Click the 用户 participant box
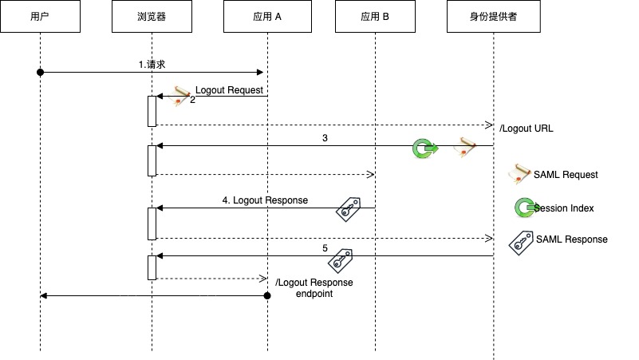coord(41,16)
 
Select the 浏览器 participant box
coord(152,16)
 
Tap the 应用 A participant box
coord(267,16)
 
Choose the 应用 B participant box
coord(375,16)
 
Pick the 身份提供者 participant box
coord(494,16)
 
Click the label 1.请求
coord(152,65)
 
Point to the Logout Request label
coord(229,90)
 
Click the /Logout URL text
coord(526,129)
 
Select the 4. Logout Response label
coord(265,200)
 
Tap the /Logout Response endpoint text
coord(314,288)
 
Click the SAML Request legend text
coord(566,175)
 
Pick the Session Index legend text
coord(564,208)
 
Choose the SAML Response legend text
coord(572,239)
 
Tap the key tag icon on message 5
coord(341,261)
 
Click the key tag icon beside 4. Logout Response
coord(349,210)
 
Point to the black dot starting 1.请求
coord(41,73)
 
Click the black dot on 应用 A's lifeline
coord(267,295)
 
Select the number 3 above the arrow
coord(325,138)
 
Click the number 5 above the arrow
coord(325,248)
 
